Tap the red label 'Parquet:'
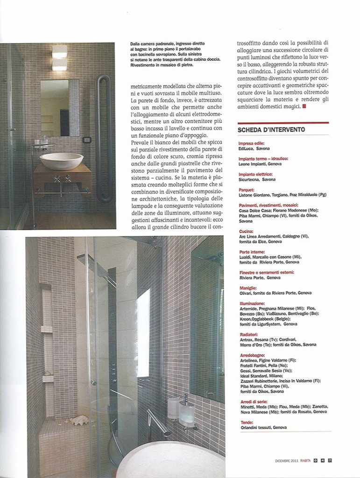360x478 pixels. (246, 190)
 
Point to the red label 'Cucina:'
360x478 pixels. (245, 232)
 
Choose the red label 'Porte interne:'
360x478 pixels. (251, 252)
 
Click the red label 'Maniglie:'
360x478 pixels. (247, 288)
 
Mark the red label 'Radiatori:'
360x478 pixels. (247, 334)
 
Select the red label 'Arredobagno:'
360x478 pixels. (250, 355)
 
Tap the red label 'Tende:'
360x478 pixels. (245, 422)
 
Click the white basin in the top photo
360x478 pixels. (61, 161)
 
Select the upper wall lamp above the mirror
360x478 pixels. (59, 51)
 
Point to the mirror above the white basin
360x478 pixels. (59, 107)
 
